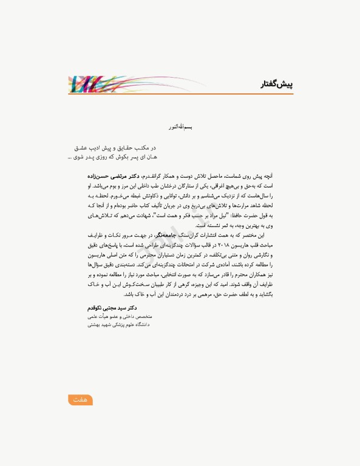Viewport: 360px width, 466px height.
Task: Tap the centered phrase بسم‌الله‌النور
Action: click(x=180, y=129)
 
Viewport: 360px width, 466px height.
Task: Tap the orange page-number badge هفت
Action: click(x=80, y=399)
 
